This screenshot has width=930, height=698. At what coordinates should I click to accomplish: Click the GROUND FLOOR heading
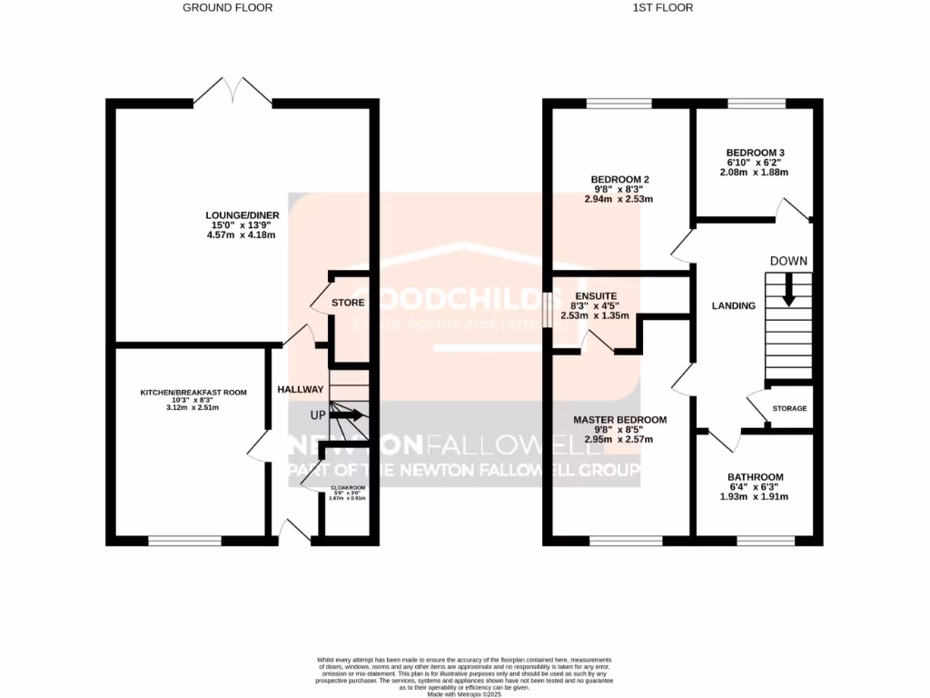point(227,7)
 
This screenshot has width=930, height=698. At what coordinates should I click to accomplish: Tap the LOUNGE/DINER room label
point(242,215)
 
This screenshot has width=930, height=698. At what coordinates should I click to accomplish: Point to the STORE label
point(348,303)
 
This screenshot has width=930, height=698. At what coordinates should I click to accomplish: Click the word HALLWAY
point(301,389)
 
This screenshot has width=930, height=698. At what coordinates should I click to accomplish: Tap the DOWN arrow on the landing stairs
point(788,291)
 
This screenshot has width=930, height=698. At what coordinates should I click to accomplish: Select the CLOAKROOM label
point(348,489)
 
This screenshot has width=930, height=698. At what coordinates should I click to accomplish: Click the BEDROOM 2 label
point(619,179)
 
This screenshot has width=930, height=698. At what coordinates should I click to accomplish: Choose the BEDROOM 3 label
point(755,153)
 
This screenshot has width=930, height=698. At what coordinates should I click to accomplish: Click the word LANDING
point(733,306)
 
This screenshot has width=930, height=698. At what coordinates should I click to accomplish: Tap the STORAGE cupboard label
point(789,409)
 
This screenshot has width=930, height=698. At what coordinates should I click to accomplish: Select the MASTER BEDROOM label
point(619,420)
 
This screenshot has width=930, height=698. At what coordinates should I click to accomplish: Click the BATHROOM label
point(755,477)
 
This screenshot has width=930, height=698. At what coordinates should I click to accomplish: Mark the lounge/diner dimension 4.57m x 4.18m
point(242,235)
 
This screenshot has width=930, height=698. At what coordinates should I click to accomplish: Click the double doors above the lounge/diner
point(232,91)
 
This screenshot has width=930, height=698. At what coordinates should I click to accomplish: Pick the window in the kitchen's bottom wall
point(185,541)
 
